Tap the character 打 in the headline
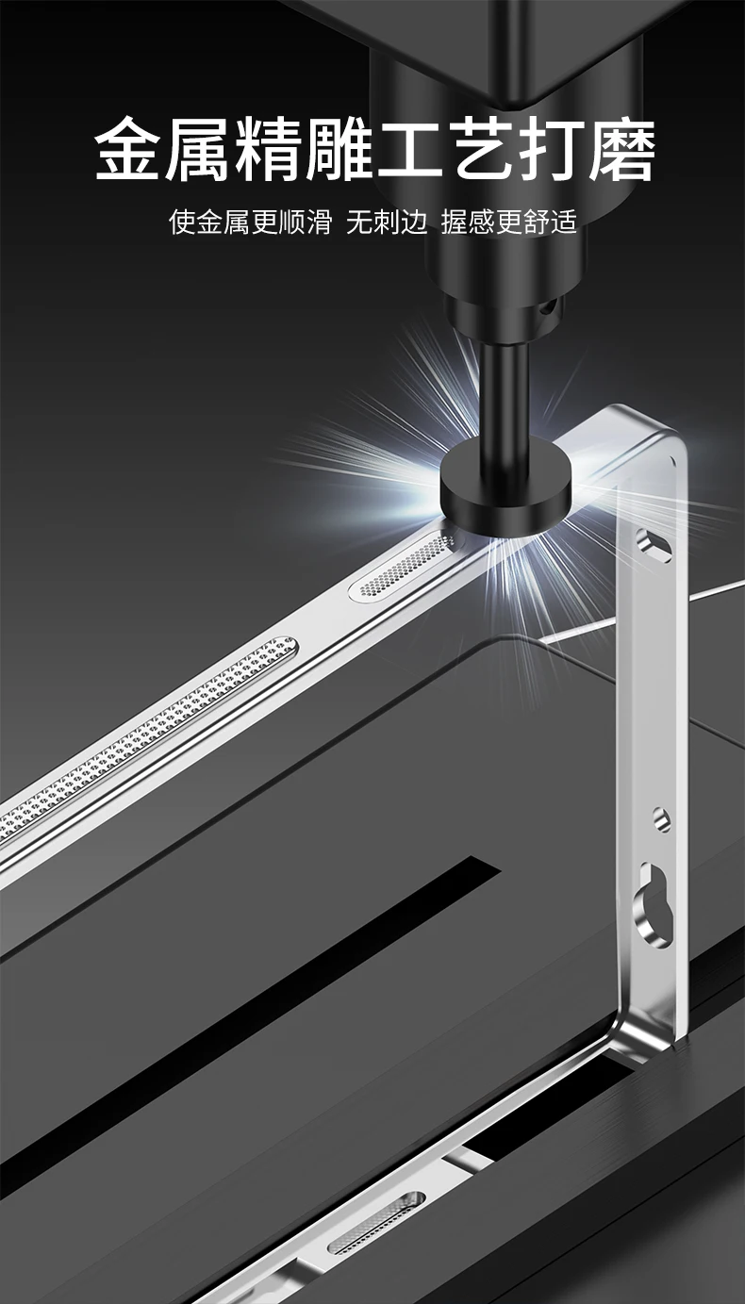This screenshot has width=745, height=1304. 552,148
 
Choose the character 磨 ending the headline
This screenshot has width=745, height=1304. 622,148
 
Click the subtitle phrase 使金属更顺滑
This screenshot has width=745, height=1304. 250,222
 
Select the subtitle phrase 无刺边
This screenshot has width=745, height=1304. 387,222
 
